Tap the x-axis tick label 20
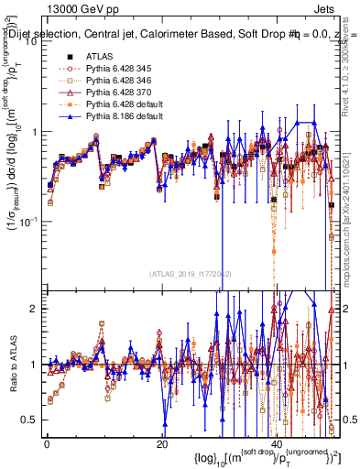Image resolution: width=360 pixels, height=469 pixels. [x=162, y=444]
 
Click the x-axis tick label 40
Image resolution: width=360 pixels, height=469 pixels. [x=278, y=444]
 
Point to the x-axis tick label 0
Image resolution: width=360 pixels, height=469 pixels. [x=47, y=444]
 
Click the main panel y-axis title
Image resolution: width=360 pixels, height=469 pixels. [x=13, y=156]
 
